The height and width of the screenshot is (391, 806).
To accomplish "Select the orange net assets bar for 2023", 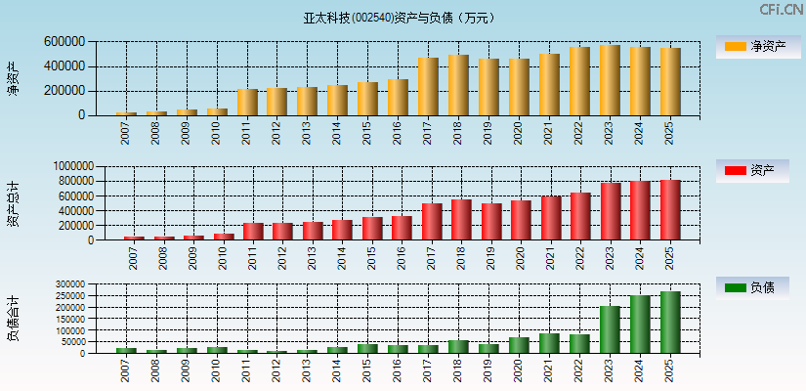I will (610, 80).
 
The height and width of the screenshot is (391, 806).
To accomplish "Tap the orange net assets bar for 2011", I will (247, 103).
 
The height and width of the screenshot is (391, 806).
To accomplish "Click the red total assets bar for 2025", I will (670, 210).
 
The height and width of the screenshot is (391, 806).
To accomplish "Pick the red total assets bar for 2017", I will (432, 222).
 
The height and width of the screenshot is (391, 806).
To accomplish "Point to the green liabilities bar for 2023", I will (610, 329).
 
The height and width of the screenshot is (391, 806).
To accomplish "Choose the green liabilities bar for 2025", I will (670, 323).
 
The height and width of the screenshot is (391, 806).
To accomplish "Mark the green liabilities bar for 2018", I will (458, 347).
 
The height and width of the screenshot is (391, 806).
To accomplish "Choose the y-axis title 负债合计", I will (13, 319).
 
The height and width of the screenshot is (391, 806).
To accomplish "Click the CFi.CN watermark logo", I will (781, 10).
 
